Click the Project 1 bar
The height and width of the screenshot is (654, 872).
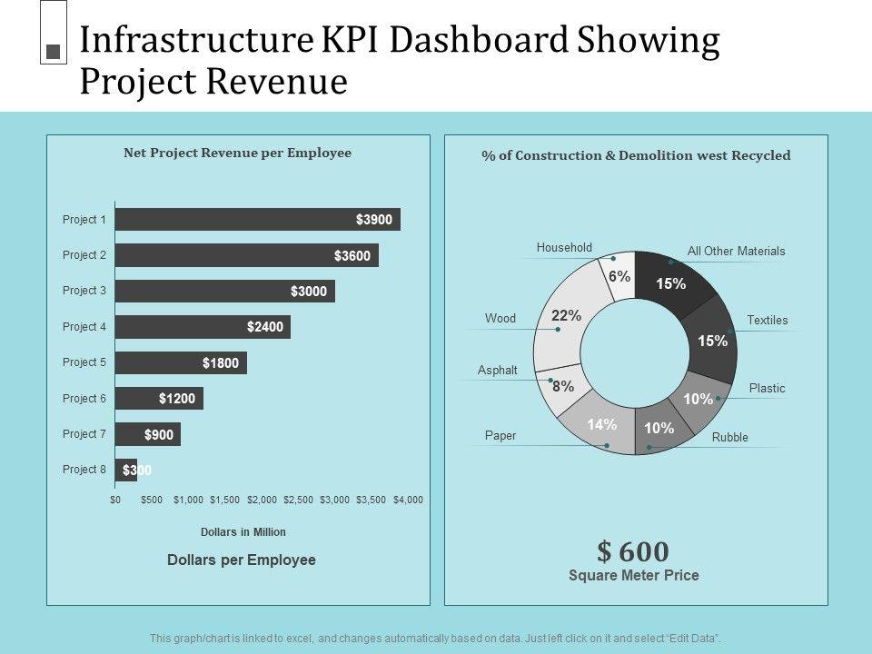click(x=257, y=220)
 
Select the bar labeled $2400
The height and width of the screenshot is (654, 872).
click(x=203, y=327)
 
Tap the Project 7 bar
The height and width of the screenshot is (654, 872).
click(x=148, y=434)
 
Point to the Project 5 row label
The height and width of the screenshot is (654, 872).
click(x=84, y=362)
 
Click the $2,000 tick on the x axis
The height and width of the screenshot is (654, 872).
click(x=263, y=500)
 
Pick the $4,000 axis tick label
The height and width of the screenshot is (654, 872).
click(x=408, y=500)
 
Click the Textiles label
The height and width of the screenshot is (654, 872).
click(x=768, y=321)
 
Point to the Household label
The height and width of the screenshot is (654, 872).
click(x=564, y=248)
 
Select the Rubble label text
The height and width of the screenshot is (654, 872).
click(x=730, y=438)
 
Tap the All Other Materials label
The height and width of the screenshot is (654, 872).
click(x=737, y=252)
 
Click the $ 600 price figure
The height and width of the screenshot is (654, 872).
click(x=633, y=551)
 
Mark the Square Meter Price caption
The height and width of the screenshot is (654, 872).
click(x=634, y=575)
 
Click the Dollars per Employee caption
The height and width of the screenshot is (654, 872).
click(x=242, y=560)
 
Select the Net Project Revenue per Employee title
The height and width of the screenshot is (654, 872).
click(x=237, y=154)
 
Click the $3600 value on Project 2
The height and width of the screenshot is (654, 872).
click(x=352, y=256)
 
